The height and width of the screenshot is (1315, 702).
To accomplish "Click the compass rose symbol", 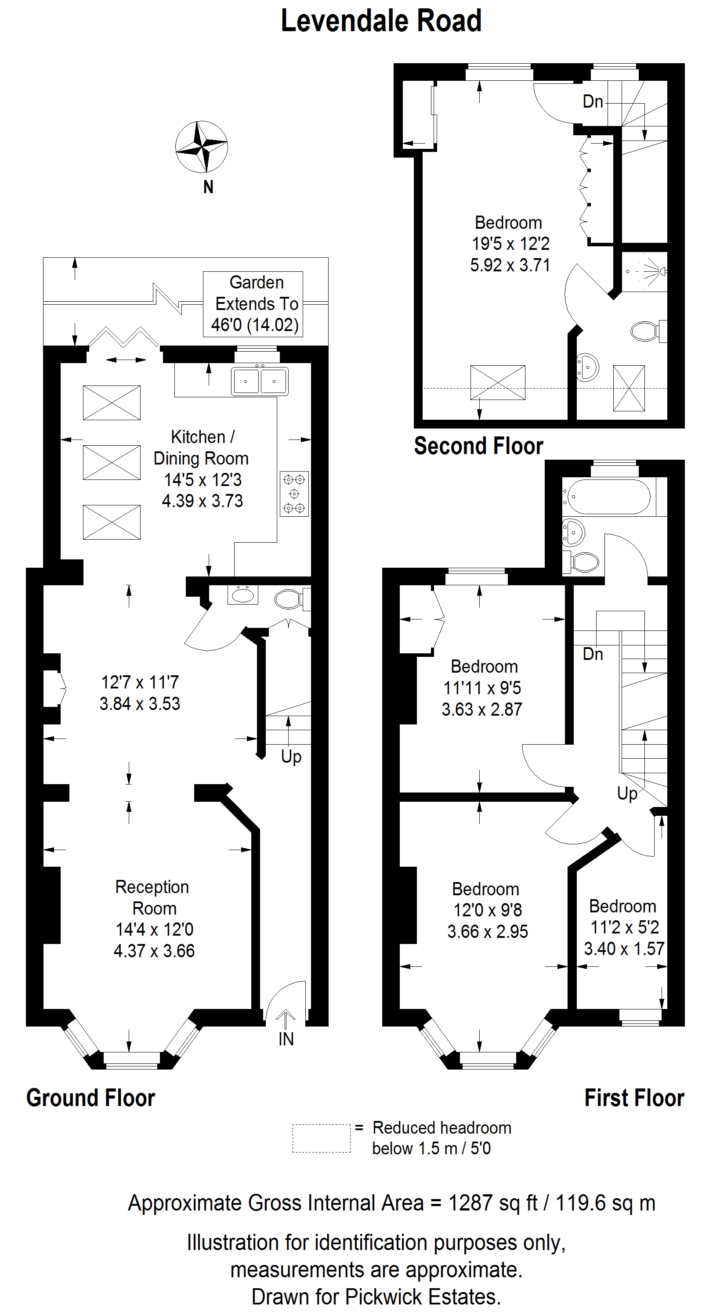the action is click(x=201, y=147).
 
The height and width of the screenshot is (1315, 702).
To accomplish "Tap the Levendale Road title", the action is click(x=381, y=22).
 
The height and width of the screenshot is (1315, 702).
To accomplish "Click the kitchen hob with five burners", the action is click(x=294, y=494).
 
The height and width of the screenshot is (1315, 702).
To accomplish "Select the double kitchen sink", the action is click(x=260, y=382).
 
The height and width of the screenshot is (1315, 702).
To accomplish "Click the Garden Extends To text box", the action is click(x=253, y=304).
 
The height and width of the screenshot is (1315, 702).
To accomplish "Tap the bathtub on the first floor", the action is click(x=607, y=497).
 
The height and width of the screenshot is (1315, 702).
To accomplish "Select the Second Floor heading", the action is click(x=478, y=446).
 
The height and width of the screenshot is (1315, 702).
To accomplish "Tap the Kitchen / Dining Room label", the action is click(x=201, y=468).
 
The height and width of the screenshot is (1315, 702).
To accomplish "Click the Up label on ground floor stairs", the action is click(x=291, y=757).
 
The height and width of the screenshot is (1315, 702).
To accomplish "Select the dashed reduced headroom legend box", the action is click(x=322, y=1138).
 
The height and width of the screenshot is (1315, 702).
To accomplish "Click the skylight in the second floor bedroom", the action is click(x=498, y=383).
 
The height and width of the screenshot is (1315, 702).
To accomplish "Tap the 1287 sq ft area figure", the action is click(x=492, y=1203).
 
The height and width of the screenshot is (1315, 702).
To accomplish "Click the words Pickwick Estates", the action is click(x=423, y=1296).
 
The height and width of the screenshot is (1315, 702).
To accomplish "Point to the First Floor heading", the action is click(x=634, y=1098).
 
